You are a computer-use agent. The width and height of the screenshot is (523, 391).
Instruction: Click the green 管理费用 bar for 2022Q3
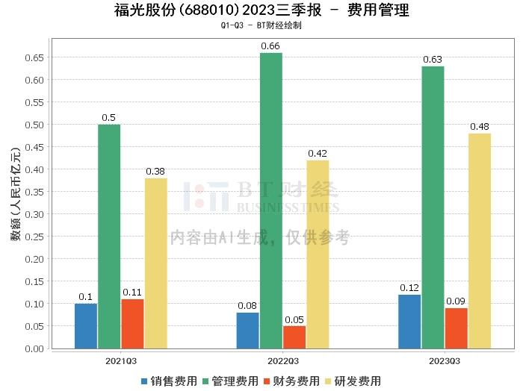[x=270, y=200]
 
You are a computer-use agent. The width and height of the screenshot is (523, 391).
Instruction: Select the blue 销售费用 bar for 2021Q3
[x=86, y=325]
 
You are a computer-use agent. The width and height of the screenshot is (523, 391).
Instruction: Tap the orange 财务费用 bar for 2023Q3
[x=456, y=328]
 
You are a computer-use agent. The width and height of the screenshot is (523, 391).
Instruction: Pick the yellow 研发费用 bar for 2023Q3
[x=480, y=240]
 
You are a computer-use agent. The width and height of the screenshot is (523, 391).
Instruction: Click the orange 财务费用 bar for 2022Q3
[x=294, y=337]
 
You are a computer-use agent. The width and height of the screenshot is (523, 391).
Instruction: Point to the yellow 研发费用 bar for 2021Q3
[x=156, y=263]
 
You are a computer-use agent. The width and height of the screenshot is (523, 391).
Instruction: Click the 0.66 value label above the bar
[x=270, y=46]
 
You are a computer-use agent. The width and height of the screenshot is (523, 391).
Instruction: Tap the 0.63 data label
[x=433, y=60]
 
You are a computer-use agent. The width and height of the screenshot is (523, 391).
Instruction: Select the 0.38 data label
[x=156, y=172]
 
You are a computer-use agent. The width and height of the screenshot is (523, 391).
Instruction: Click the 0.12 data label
[x=409, y=288]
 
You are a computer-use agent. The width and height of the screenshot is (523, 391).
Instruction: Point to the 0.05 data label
[x=294, y=319]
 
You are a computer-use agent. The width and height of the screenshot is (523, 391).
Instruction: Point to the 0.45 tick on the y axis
[x=34, y=147]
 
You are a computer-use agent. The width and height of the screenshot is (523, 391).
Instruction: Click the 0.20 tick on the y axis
[x=34, y=259]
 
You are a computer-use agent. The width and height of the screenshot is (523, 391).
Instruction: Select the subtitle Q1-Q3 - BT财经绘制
[x=261, y=25]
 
